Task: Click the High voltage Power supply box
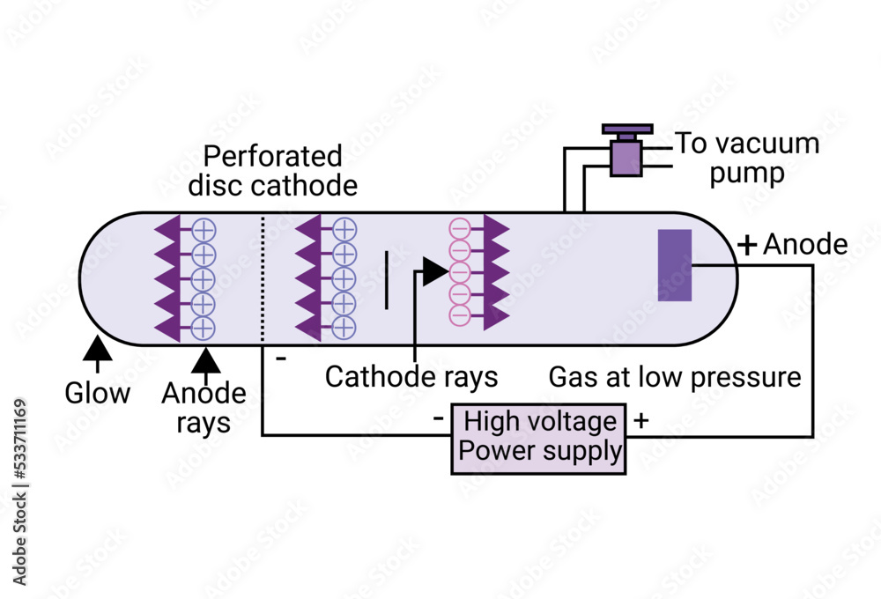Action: click(538, 439)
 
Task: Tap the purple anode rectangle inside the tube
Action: click(675, 265)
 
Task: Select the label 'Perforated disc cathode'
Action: click(273, 171)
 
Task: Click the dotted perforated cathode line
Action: click(263, 277)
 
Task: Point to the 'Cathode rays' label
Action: click(411, 377)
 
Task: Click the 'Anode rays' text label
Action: click(204, 408)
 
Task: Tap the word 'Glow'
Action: click(98, 393)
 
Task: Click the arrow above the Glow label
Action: click(98, 350)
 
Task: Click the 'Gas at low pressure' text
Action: click(675, 377)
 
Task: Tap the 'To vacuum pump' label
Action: click(747, 157)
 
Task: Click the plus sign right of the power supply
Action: click(640, 421)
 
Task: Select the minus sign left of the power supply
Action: click(439, 419)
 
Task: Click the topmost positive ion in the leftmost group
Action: click(204, 229)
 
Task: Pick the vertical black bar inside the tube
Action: click(386, 280)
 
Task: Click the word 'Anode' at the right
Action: click(805, 245)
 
